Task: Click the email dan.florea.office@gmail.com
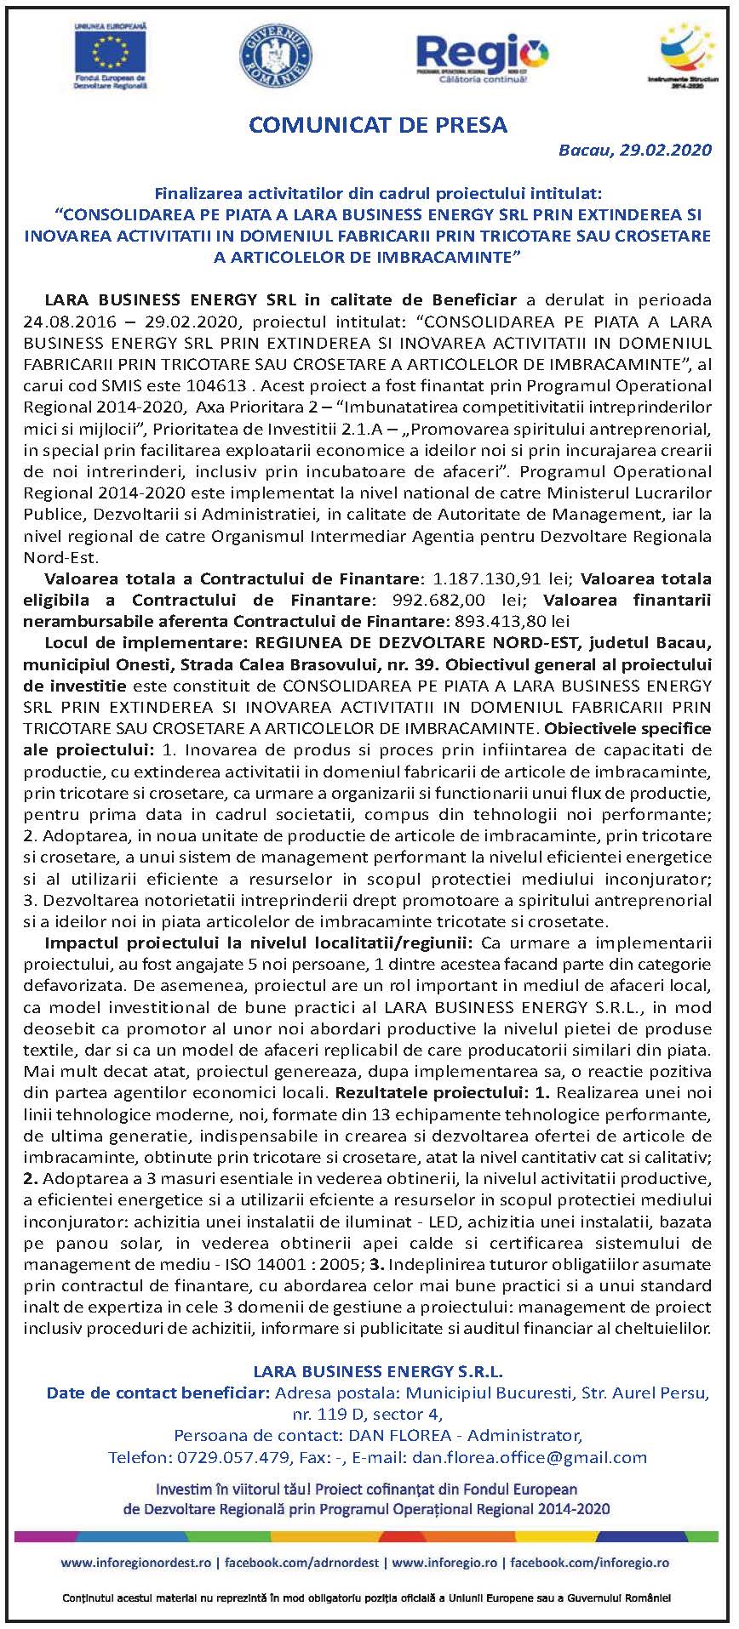coord(529,1457)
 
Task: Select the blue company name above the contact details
coord(378,1370)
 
